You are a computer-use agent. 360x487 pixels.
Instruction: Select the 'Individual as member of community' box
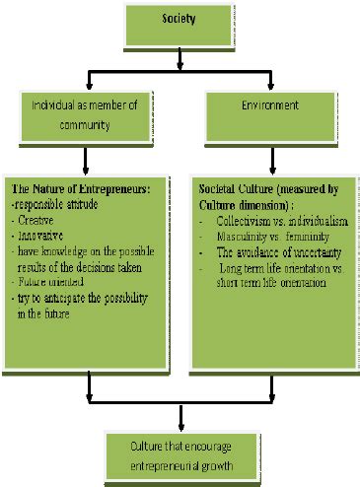point(88,113)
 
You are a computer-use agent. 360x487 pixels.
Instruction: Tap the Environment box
point(269,105)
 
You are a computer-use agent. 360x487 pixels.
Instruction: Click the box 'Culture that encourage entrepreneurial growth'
point(180,450)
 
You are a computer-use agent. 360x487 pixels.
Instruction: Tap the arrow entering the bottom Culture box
point(180,422)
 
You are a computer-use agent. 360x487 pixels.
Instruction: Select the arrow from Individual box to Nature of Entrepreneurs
point(87,160)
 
